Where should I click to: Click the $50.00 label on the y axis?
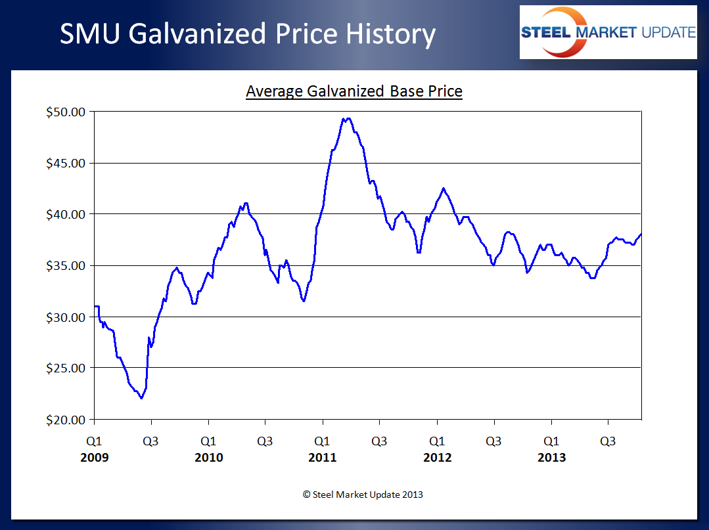66,112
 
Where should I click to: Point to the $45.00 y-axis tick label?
66,163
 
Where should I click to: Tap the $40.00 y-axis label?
66,214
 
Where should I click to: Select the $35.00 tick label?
66,265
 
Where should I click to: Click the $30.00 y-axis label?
66,317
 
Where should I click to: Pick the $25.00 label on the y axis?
66,368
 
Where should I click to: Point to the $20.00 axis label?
66,419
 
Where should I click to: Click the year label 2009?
94,458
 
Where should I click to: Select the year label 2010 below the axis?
208,458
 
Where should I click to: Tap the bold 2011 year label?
322,458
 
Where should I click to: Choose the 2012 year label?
437,458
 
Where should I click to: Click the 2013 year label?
551,458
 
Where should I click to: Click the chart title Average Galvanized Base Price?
354,91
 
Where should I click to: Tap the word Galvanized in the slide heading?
219,34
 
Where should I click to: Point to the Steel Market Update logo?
608,32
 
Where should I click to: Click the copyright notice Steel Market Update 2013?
363,495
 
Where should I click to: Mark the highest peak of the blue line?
347,118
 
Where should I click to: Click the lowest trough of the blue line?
141,398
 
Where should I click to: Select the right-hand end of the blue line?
641,234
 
